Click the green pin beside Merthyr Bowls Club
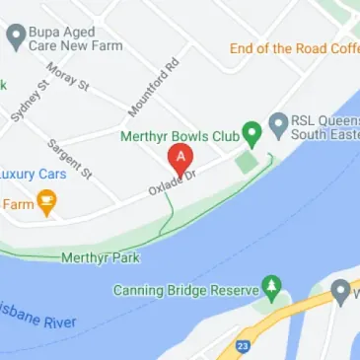point(252,131)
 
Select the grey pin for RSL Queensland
point(279,124)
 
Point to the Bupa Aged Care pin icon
point(15,36)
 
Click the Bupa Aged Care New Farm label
point(70,37)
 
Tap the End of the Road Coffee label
point(295,48)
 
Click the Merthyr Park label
point(101,257)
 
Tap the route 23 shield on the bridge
point(243,346)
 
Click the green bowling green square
point(246,162)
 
